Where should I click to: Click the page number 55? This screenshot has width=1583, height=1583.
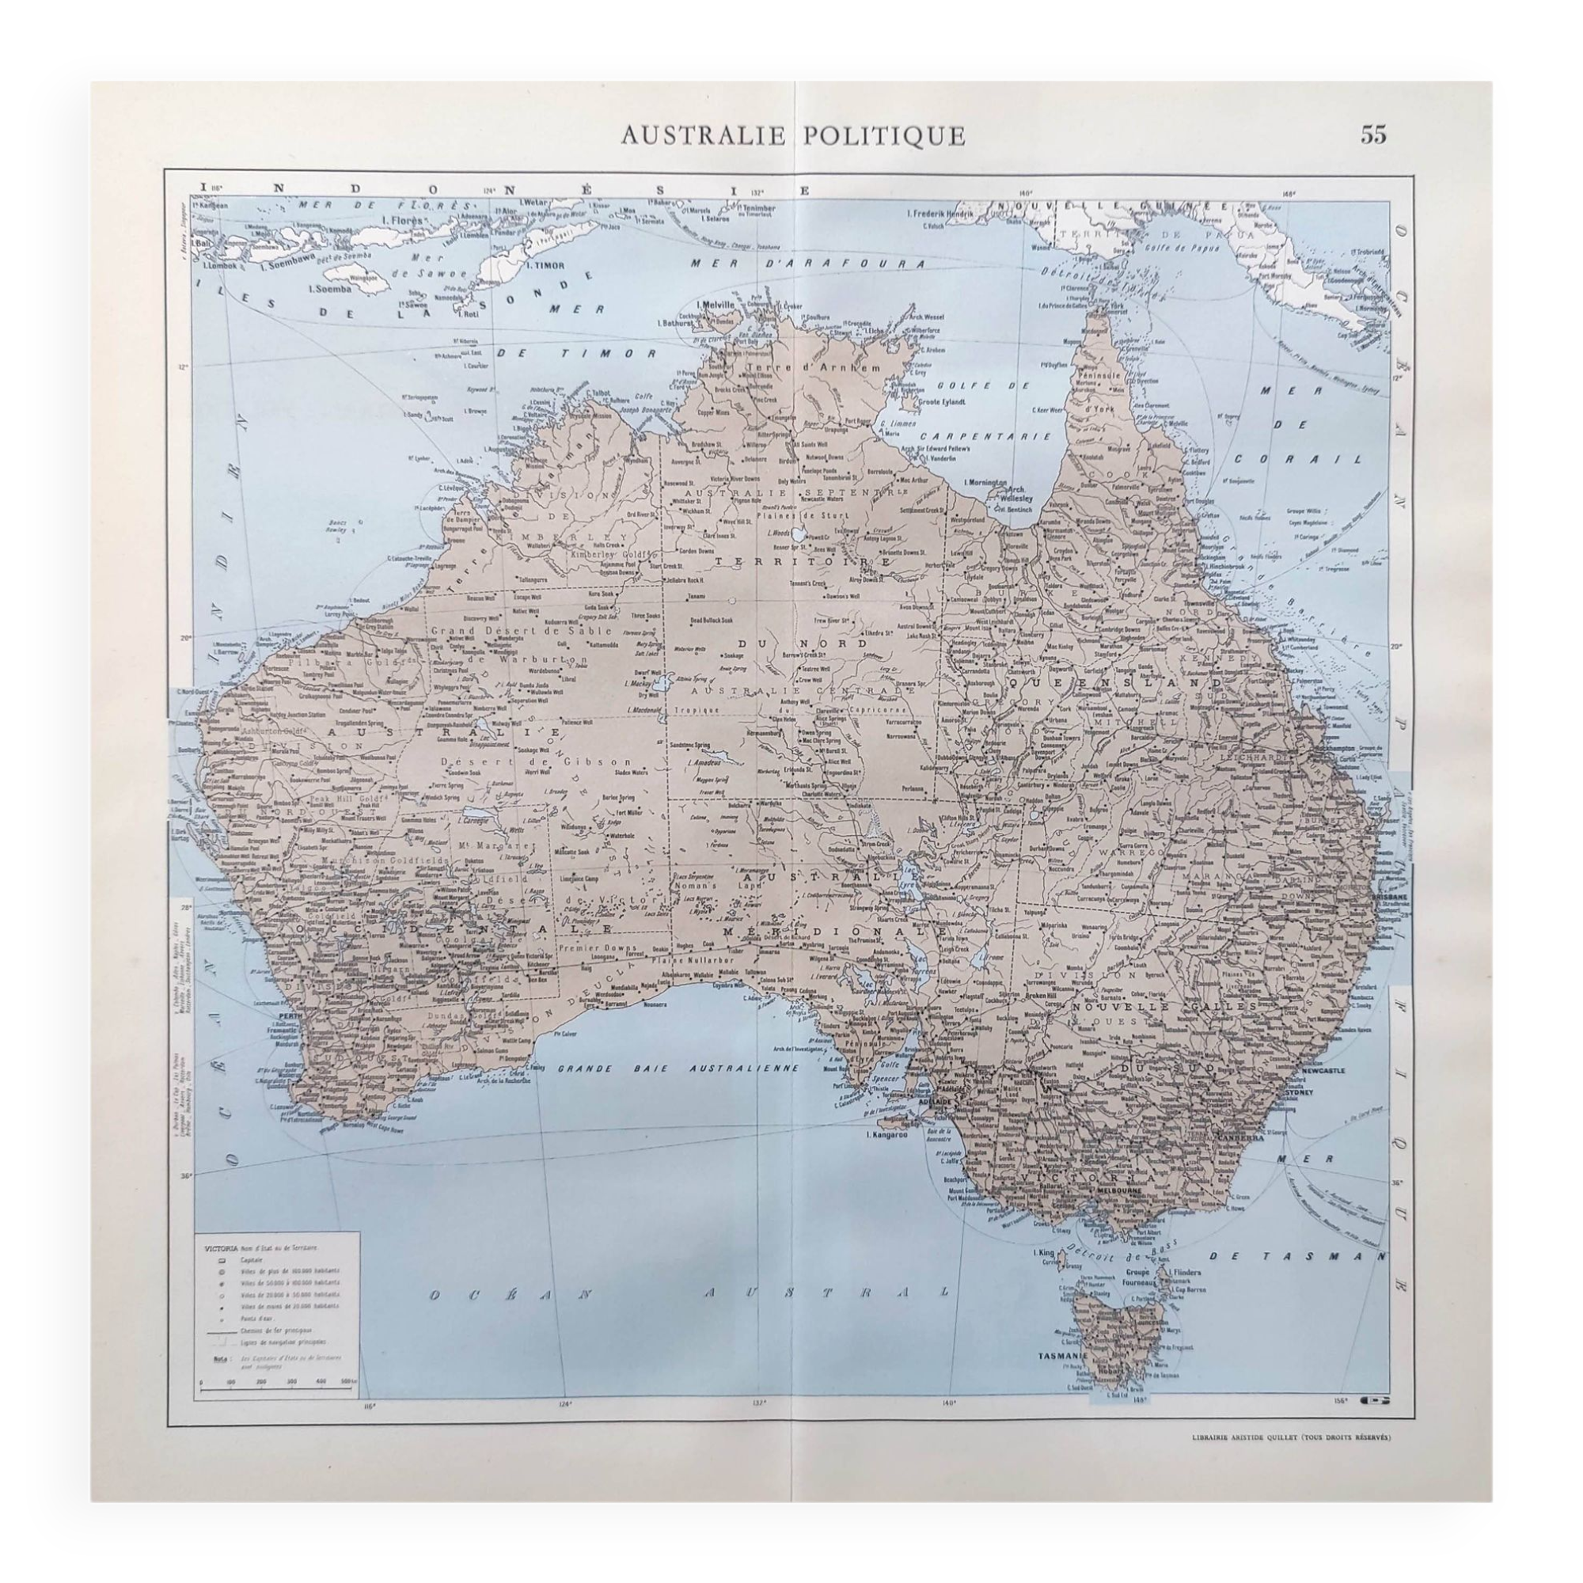pos(1374,135)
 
